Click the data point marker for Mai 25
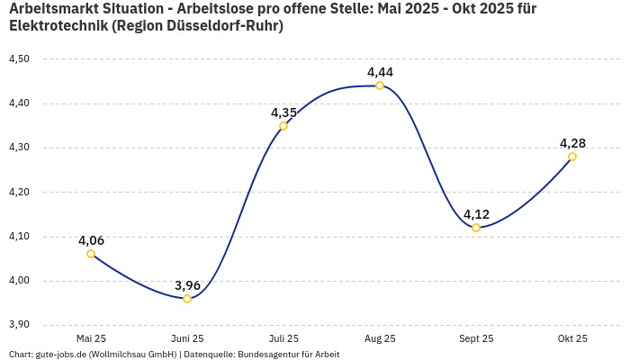pyautogui.click(x=91, y=254)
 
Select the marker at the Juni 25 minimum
pyautogui.click(x=187, y=299)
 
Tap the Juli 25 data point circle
pyautogui.click(x=283, y=126)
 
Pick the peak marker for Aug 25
pyautogui.click(x=380, y=85)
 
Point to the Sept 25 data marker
pyautogui.click(x=476, y=228)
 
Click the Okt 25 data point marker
pyautogui.click(x=572, y=157)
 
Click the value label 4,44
pyautogui.click(x=380, y=72)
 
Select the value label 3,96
pyautogui.click(x=187, y=285)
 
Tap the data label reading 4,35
pyautogui.click(x=283, y=112)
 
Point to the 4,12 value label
pyautogui.click(x=476, y=214)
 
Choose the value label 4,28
pyautogui.click(x=572, y=143)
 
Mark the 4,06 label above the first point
pyautogui.click(x=91, y=240)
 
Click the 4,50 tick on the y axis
pyautogui.click(x=19, y=59)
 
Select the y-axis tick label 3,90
pyautogui.click(x=19, y=325)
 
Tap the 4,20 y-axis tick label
pyautogui.click(x=19, y=193)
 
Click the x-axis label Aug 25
pyautogui.click(x=380, y=338)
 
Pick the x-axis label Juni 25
pyautogui.click(x=187, y=338)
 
